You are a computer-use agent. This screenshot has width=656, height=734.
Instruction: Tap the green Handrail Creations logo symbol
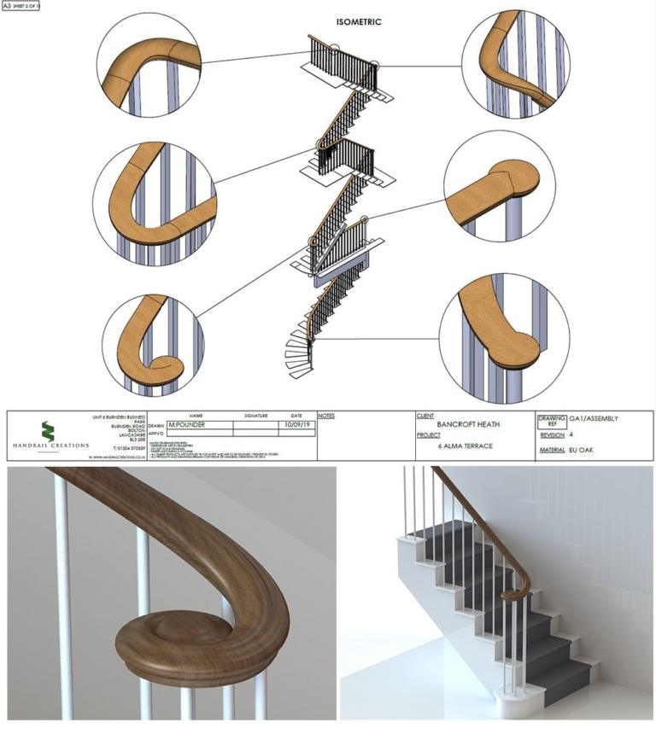point(47,431)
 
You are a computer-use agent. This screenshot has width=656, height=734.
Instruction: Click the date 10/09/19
point(296,423)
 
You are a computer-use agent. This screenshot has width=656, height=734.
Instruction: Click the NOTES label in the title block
point(326,416)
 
